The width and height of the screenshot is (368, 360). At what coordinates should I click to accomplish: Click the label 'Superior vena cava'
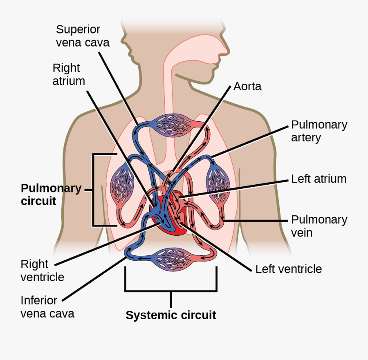[83, 36]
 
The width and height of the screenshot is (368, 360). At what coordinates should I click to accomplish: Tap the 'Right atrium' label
[69, 74]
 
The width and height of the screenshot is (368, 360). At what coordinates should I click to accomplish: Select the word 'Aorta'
[247, 87]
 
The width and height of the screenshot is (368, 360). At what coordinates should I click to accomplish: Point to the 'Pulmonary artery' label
[319, 131]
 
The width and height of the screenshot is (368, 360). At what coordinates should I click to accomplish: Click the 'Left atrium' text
[319, 179]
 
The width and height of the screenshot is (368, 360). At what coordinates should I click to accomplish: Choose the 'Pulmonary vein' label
[319, 226]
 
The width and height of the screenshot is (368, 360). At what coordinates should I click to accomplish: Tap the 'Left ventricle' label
[288, 269]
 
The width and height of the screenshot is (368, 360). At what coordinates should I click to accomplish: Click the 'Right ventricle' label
[42, 271]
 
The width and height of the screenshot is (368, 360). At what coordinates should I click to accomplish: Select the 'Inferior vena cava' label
[47, 307]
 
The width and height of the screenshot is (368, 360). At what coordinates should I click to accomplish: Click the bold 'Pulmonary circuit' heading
[51, 195]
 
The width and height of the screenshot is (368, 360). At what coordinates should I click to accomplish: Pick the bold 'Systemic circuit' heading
[171, 315]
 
